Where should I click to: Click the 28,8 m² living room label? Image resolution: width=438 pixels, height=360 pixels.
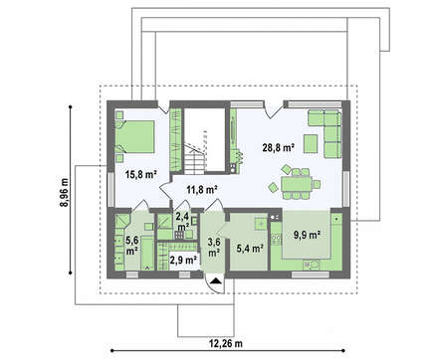(279, 147)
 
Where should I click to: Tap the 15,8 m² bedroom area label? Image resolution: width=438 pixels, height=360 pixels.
(141, 174)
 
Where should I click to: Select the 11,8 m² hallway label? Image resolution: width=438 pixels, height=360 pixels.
(202, 190)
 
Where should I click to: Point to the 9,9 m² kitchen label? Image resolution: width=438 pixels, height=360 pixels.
(307, 235)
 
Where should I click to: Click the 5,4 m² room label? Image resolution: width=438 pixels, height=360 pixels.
(250, 248)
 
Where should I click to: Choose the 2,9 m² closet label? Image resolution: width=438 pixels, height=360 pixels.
(184, 260)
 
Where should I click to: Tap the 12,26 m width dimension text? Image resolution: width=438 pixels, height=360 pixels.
(226, 343)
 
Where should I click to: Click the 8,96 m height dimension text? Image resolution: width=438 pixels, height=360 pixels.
(64, 193)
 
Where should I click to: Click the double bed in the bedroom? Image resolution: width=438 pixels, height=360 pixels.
(134, 136)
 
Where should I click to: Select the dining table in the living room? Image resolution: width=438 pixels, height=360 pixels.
(296, 184)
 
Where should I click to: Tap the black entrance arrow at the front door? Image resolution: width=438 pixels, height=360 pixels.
(216, 281)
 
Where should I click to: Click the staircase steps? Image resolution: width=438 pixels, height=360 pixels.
(194, 159)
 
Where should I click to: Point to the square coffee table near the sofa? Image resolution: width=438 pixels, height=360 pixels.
(311, 143)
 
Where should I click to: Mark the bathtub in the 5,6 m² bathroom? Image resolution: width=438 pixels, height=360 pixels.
(147, 253)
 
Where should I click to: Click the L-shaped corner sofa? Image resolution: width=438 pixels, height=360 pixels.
(326, 133)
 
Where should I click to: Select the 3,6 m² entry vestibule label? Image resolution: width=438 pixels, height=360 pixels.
(214, 248)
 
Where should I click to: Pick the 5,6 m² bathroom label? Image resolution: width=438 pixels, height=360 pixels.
(131, 246)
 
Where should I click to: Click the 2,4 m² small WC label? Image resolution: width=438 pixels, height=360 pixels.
(182, 222)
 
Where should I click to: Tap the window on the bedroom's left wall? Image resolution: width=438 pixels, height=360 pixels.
(110, 189)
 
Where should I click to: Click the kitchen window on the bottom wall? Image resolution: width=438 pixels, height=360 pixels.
(311, 274)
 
